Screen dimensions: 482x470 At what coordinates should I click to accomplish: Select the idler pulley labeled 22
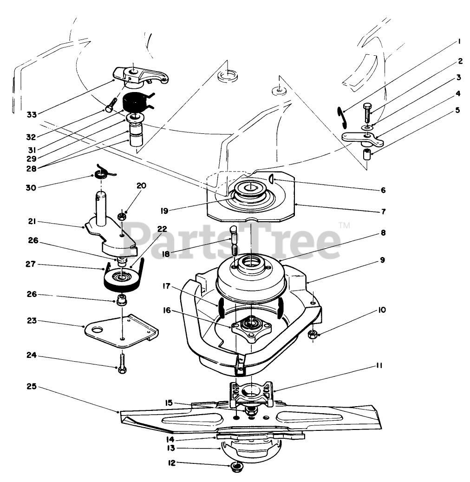123,280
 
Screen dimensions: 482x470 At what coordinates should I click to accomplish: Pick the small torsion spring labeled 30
101,174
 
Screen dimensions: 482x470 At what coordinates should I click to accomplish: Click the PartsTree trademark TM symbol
344,226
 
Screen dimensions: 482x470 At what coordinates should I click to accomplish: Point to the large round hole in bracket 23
97,329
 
